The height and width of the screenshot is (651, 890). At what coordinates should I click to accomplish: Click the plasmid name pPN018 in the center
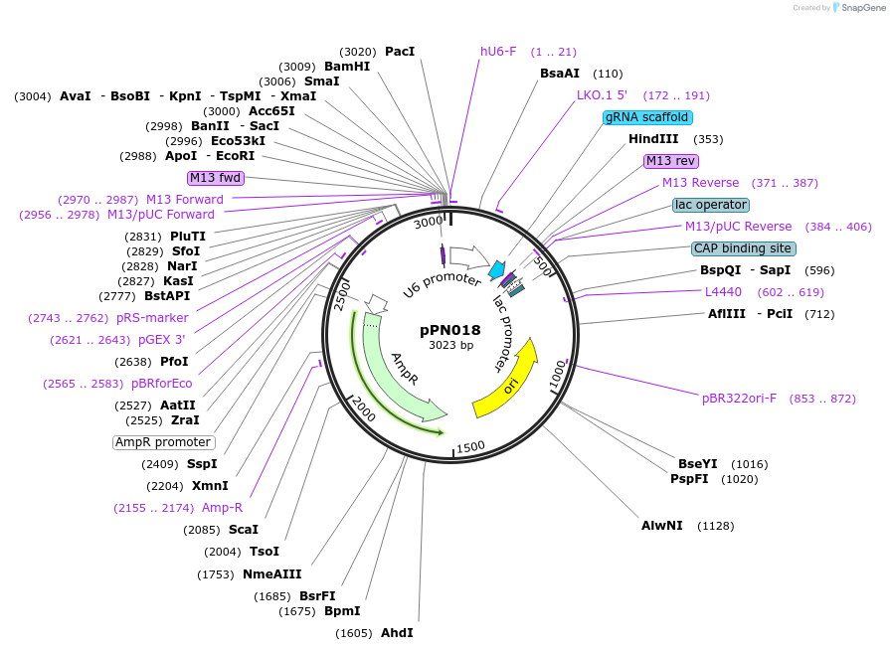point(449,330)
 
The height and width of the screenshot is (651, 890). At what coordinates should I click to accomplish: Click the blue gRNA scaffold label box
point(646,117)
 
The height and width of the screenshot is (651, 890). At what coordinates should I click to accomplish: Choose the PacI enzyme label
point(400,52)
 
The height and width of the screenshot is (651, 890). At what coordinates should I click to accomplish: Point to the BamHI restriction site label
point(347,67)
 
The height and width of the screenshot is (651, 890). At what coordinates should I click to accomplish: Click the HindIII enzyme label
point(653,139)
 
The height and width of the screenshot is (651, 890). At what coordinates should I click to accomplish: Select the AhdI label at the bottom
point(397,633)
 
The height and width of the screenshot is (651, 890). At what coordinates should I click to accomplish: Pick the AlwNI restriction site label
point(662,525)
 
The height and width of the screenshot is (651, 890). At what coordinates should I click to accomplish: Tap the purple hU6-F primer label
point(498,52)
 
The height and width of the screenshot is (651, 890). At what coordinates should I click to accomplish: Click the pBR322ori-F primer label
point(740,399)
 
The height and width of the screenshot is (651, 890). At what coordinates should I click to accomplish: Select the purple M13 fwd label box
point(216,178)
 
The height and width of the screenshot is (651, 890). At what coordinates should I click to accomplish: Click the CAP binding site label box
point(744,248)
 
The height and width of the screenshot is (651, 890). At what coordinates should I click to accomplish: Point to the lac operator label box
point(711,205)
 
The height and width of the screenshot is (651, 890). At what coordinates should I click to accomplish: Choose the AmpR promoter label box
point(163,442)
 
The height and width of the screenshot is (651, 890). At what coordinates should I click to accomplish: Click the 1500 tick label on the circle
point(470,446)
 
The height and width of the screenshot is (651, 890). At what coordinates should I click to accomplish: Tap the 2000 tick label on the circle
point(363,407)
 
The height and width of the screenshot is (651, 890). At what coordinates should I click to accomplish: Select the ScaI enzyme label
point(244,530)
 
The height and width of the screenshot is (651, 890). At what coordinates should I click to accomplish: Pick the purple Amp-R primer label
point(223,508)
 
